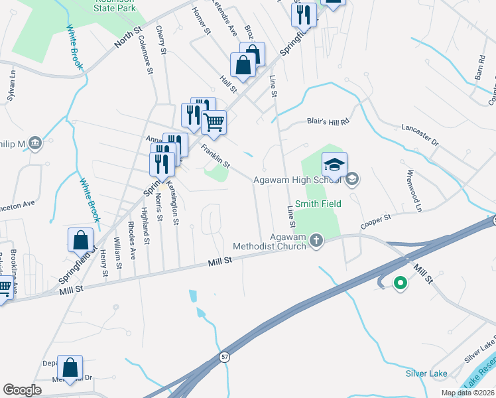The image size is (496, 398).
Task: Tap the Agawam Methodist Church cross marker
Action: [316, 240]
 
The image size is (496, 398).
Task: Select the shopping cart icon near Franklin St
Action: [214, 121]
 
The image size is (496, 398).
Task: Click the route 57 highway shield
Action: [225, 358]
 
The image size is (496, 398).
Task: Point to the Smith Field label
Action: [318, 204]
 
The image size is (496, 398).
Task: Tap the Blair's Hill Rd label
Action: [327, 121]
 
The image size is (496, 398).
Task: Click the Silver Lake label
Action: [426, 373]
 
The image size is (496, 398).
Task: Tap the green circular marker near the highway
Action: [400, 283]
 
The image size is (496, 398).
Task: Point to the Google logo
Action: [22, 389]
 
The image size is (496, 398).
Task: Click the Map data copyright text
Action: [467, 393]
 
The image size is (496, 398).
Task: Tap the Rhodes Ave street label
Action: [133, 245]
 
